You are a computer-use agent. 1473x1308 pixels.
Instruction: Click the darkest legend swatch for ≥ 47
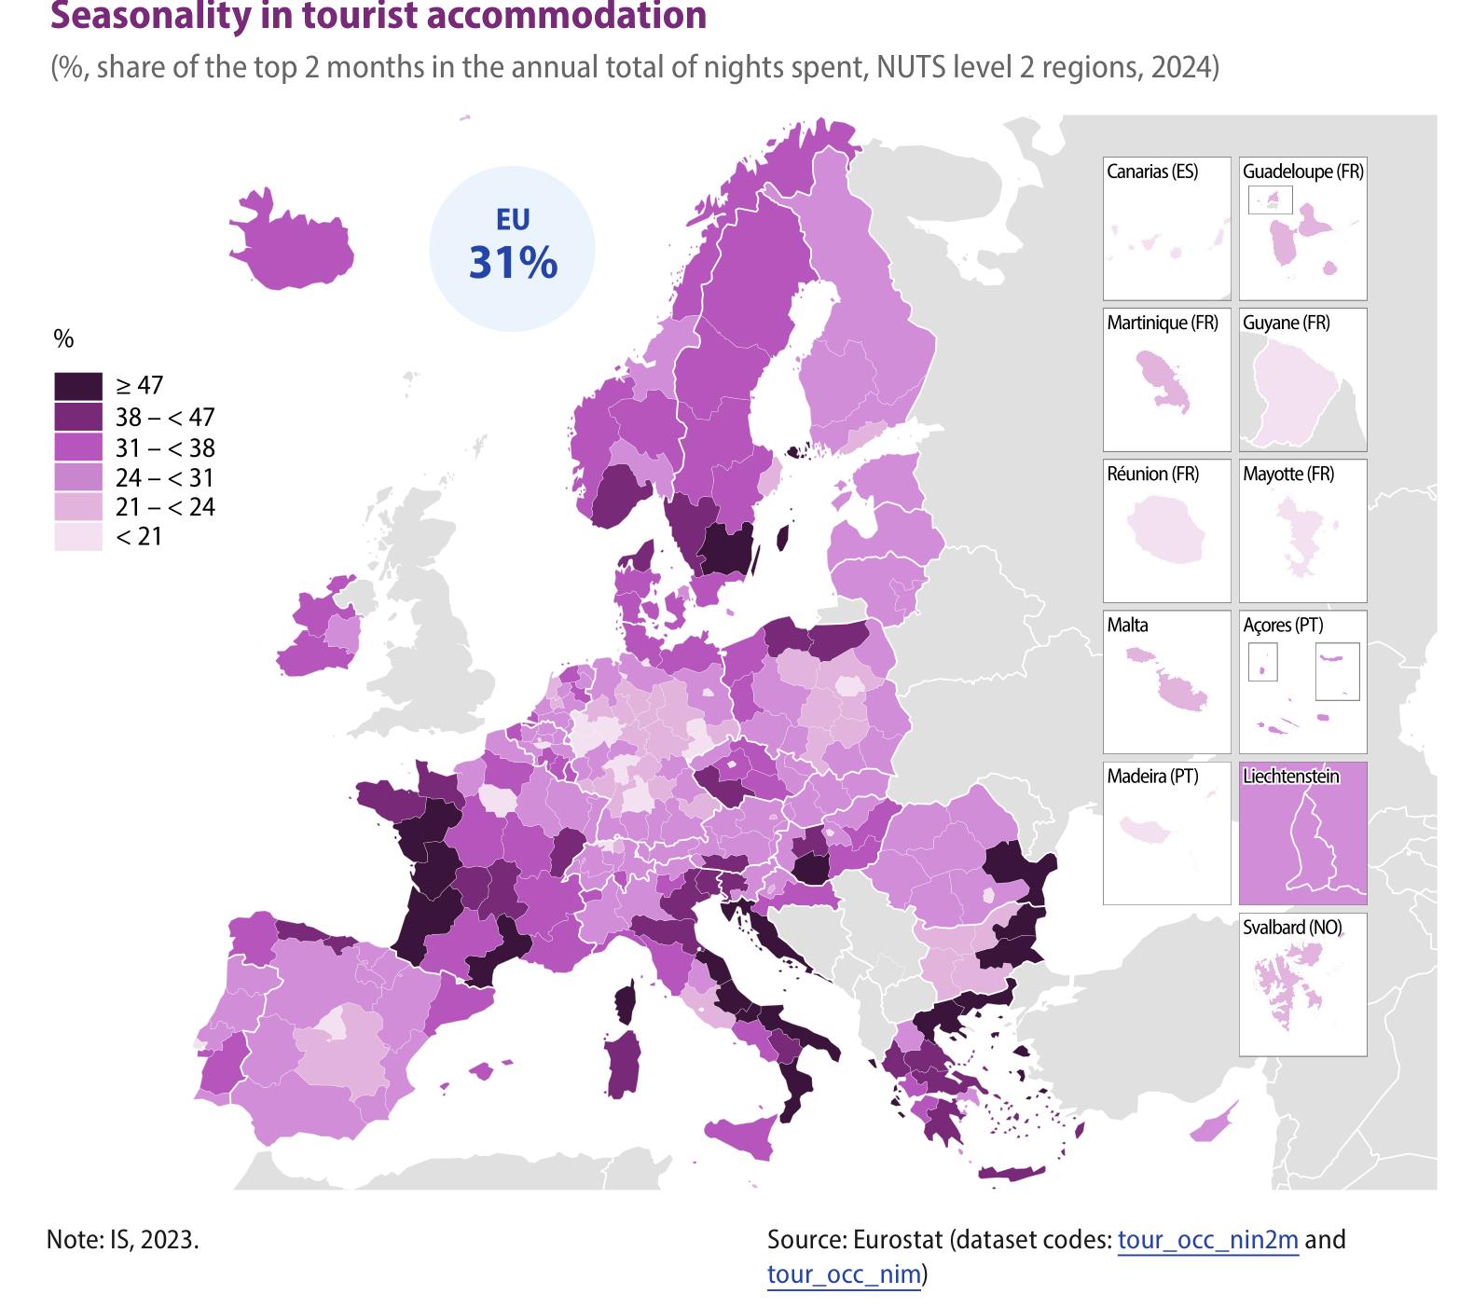78,386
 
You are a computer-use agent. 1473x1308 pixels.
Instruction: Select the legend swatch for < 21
78,537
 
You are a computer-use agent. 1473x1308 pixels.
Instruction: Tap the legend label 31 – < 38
165,447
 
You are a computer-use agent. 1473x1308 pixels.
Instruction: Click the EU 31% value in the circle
513,263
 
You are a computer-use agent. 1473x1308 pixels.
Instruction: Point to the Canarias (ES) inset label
1152,172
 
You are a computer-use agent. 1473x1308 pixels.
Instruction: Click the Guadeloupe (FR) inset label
1302,172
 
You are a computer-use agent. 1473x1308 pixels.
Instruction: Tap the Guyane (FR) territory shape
1294,392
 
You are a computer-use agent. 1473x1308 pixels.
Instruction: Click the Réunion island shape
1165,529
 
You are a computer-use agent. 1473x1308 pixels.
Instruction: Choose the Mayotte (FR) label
1288,474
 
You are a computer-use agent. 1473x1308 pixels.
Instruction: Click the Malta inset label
1127,625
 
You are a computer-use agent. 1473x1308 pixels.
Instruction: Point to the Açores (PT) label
1283,625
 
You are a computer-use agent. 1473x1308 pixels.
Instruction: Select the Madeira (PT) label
1152,776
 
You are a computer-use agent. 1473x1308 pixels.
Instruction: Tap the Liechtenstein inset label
1291,776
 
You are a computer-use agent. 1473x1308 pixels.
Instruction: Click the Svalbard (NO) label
1292,927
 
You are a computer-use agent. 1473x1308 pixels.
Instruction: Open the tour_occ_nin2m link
1207,1240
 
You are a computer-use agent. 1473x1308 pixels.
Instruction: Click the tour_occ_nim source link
844,1274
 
